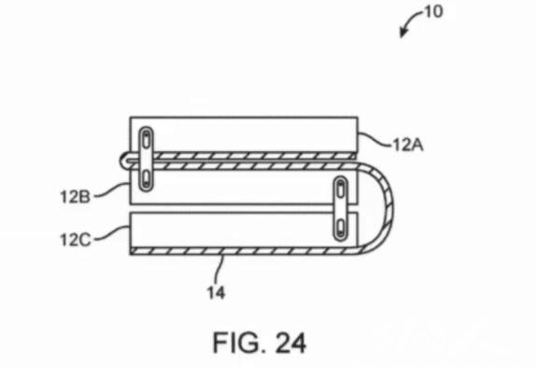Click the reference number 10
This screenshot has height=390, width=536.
433,11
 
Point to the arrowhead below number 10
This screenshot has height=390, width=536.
403,34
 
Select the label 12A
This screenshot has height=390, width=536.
408,145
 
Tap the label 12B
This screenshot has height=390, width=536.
75,197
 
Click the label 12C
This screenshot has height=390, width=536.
76,240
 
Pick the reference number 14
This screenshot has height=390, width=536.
216,293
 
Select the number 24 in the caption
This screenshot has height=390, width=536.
290,342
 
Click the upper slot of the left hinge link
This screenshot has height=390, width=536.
146,141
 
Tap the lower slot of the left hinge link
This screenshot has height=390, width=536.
146,177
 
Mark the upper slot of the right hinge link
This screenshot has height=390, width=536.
341,188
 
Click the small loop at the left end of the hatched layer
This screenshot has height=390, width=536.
124,160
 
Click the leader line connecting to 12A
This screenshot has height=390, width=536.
375,139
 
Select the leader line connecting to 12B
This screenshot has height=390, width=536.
111,190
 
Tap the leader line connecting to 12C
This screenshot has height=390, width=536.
112,233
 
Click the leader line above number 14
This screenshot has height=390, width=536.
219,270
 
